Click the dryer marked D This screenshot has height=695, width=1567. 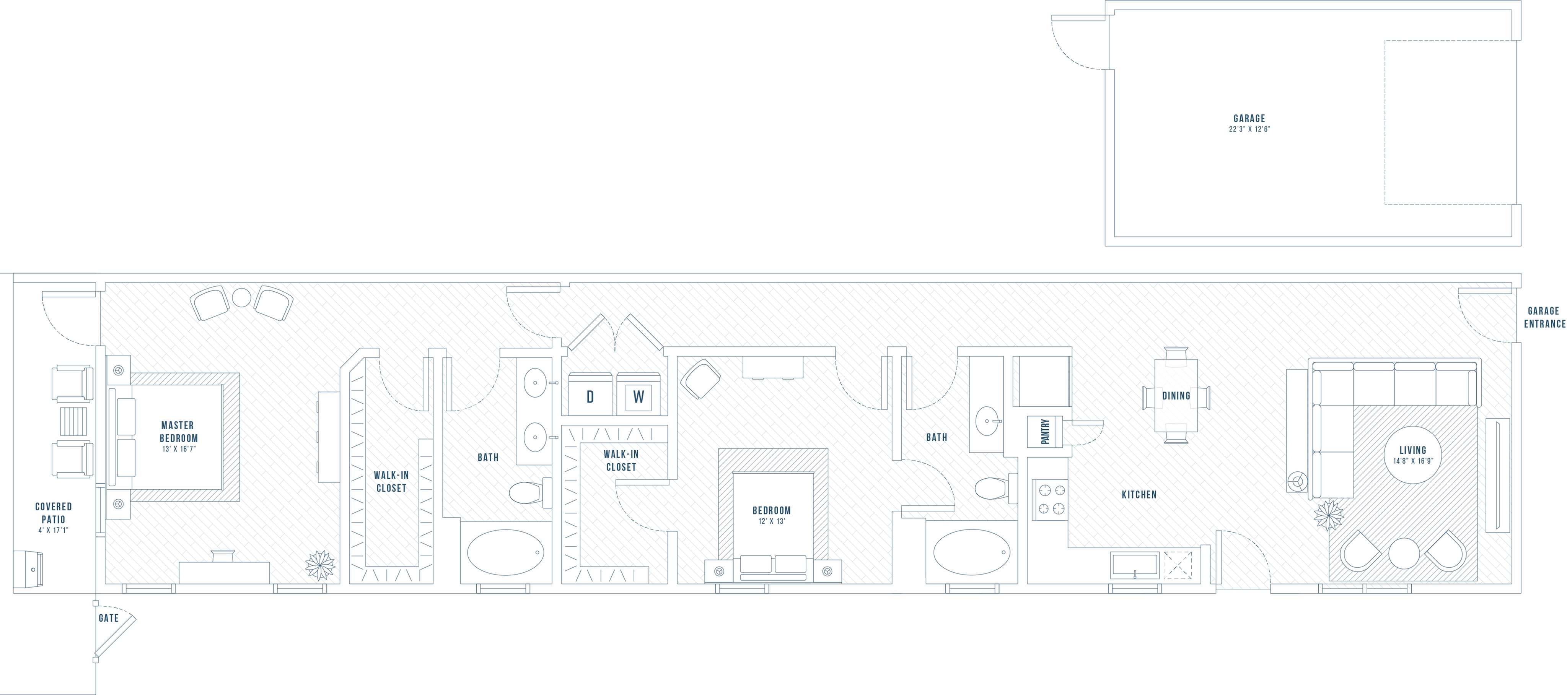(590, 395)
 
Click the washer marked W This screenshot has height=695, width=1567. (638, 395)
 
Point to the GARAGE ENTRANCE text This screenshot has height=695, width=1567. (1544, 317)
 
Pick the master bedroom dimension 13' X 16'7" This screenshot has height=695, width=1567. (179, 449)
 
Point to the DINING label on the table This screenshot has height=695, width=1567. (1176, 396)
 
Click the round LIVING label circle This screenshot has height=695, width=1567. (1412, 455)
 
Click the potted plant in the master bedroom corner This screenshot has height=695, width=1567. (320, 565)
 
